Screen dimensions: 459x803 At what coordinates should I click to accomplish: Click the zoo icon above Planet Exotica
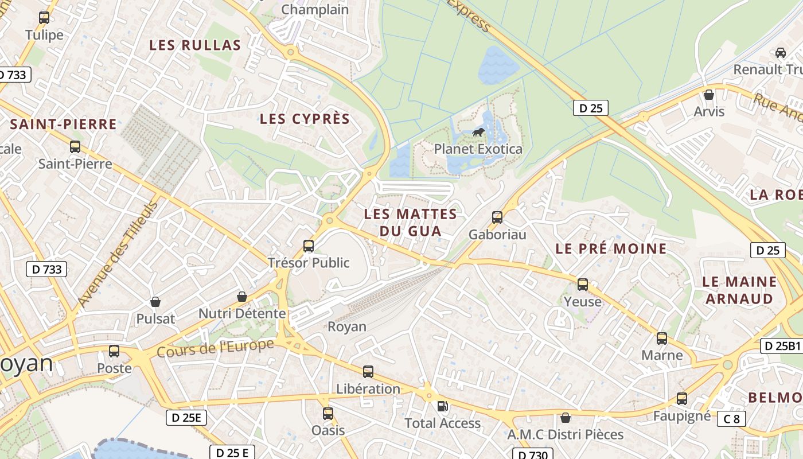point(478,134)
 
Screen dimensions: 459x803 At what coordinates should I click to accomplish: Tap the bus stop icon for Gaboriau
point(497,217)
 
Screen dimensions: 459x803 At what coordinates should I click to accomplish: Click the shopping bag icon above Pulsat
point(155,302)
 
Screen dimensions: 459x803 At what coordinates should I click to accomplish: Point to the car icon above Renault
point(780,53)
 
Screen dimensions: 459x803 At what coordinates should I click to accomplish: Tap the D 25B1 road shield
point(781,346)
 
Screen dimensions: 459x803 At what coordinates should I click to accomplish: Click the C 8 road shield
point(731,419)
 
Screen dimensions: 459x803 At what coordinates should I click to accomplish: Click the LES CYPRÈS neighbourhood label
point(305,119)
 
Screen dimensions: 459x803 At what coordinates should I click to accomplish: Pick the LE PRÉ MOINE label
point(611,249)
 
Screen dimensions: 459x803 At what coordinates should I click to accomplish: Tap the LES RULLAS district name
point(195,45)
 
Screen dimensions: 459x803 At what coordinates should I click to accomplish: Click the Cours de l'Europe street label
point(215,348)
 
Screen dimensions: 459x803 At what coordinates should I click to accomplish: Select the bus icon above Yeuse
point(583,285)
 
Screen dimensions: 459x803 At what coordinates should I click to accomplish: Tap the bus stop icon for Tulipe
point(44,18)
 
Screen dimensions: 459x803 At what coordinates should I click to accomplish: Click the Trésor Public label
point(309,263)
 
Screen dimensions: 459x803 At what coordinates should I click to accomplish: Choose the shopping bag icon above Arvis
point(709,95)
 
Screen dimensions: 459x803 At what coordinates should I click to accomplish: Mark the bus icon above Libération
point(368,372)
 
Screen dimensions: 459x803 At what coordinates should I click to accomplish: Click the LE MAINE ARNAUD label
point(739,290)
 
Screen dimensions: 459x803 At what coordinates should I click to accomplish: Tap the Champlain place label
point(315,10)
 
